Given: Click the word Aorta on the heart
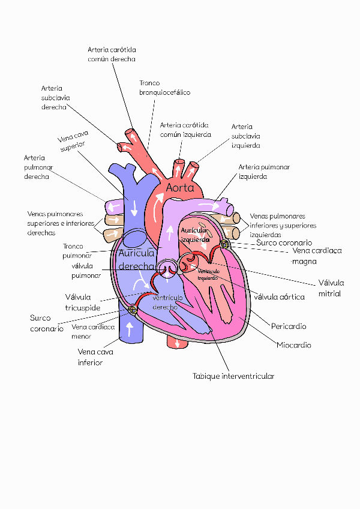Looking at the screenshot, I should (180, 188).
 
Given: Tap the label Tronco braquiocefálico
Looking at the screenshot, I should (164, 88).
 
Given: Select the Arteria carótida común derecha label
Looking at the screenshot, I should (112, 54).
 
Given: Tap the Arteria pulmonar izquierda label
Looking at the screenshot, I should (264, 172).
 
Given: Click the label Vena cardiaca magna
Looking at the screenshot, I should (317, 256).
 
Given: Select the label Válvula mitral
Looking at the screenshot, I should (331, 288).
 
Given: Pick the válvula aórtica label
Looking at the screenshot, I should (279, 297).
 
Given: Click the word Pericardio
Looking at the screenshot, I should (289, 327).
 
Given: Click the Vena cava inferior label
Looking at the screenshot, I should (95, 357).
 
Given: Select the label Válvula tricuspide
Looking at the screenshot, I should (83, 302).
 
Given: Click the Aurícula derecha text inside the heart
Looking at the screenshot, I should (137, 260).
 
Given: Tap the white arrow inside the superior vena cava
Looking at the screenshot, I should (134, 207).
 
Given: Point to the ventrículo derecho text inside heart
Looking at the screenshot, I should (165, 302).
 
